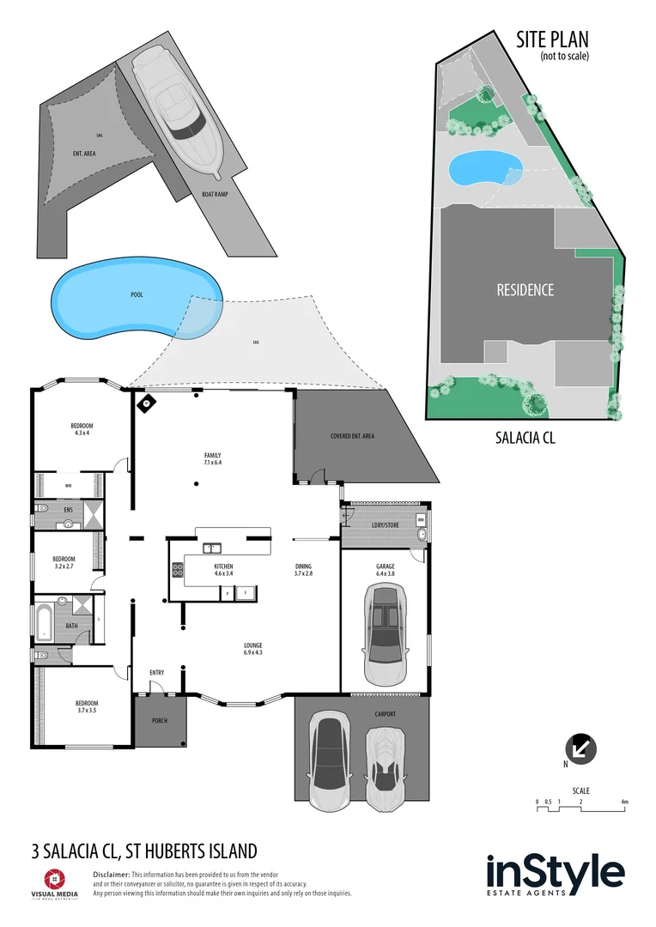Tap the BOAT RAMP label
pos(216,194)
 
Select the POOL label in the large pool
pos(137,294)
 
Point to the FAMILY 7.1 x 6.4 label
pos(212,459)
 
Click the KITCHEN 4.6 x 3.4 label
pos(223,571)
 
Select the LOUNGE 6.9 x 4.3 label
pos(252,649)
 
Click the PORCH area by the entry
pos(160,721)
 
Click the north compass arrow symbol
pos(582,748)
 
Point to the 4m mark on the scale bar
pos(625,802)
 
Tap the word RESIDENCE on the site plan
pos(525,290)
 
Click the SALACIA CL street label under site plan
pos(525,437)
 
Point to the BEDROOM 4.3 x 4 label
pos(82,429)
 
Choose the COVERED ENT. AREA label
pos(352,436)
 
